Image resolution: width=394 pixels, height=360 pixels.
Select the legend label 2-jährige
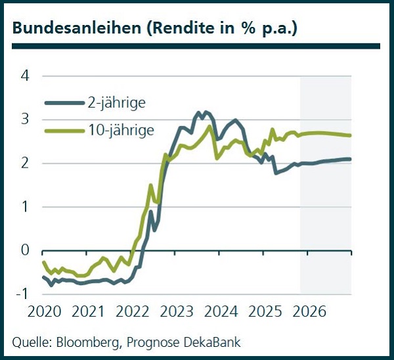click(x=116, y=102)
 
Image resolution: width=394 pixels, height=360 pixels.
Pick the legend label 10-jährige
click(x=120, y=130)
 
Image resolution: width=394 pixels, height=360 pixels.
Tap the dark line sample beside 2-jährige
click(x=65, y=103)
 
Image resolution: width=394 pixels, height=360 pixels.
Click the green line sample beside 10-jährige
click(x=65, y=131)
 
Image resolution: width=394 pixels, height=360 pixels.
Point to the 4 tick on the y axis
click(x=26, y=76)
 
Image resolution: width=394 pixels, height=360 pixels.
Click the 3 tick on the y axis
click(x=26, y=119)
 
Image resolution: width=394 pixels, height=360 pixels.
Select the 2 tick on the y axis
click(x=26, y=163)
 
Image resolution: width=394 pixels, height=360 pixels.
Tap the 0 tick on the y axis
click(x=26, y=250)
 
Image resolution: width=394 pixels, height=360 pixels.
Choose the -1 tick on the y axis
click(x=23, y=294)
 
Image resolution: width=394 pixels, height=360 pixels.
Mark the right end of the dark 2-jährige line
click(x=350, y=159)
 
